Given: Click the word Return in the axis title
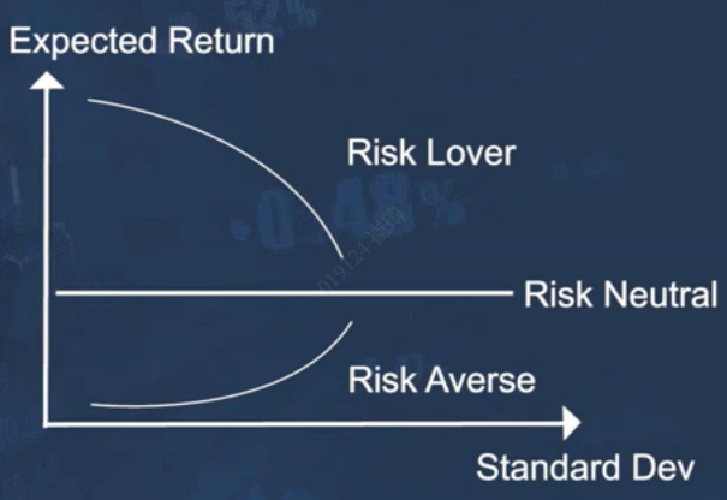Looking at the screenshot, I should pyautogui.click(x=221, y=41).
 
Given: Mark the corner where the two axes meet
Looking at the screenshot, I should pyautogui.click(x=46, y=424).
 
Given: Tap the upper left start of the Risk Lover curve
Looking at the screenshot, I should pyautogui.click(x=89, y=100).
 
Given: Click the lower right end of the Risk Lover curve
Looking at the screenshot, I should pyautogui.click(x=343, y=257).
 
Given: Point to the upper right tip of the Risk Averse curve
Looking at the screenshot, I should pyautogui.click(x=351, y=323).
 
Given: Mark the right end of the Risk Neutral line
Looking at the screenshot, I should pyautogui.click(x=513, y=293).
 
